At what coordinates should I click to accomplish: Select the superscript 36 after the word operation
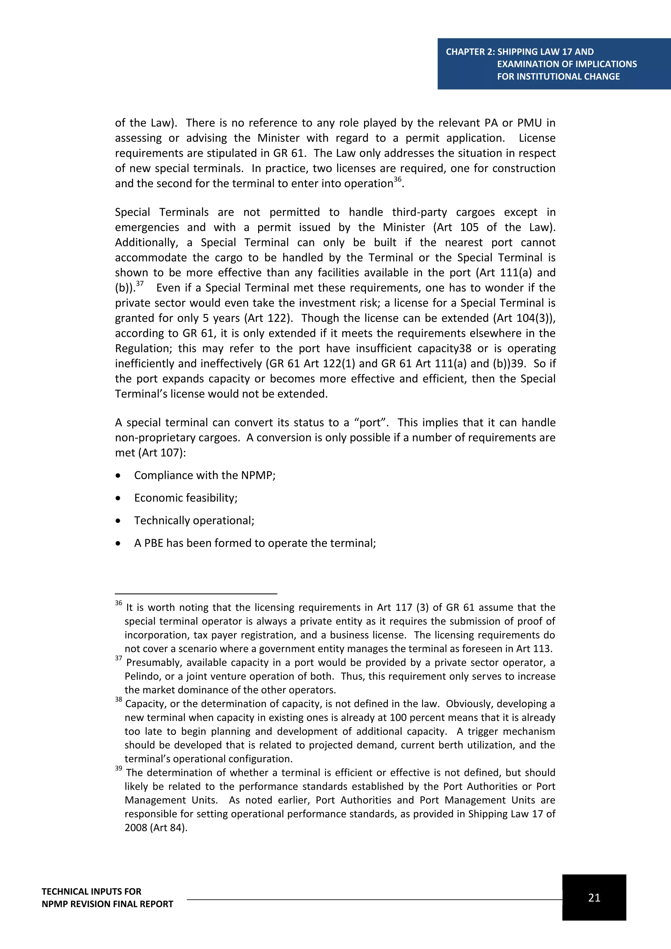pyautogui.click(x=397, y=179)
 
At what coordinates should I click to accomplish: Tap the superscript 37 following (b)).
pyautogui.click(x=140, y=283)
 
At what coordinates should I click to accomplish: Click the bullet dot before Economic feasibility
pyautogui.click(x=118, y=498)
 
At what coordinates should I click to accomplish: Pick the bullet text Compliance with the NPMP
pyautogui.click(x=204, y=475)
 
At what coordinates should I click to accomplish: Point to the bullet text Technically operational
pyautogui.click(x=194, y=520)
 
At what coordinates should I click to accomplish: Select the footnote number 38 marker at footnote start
pyautogui.click(x=119, y=699)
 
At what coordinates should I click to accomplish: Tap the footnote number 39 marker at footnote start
pyautogui.click(x=119, y=768)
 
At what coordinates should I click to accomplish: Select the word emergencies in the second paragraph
pyautogui.click(x=147, y=227)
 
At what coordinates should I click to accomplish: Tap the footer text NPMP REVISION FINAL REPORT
pyautogui.click(x=107, y=904)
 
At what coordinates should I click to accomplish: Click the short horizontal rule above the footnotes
pyautogui.click(x=196, y=594)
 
